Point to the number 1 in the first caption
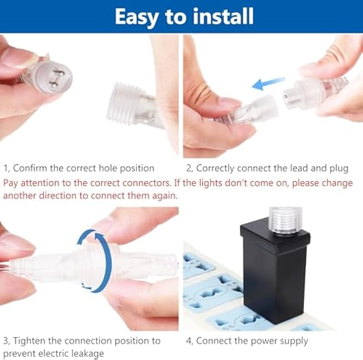(6, 168)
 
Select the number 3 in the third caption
(6, 341)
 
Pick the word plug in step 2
(338, 168)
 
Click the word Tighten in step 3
(30, 341)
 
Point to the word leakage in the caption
(86, 353)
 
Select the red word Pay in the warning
(11, 182)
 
